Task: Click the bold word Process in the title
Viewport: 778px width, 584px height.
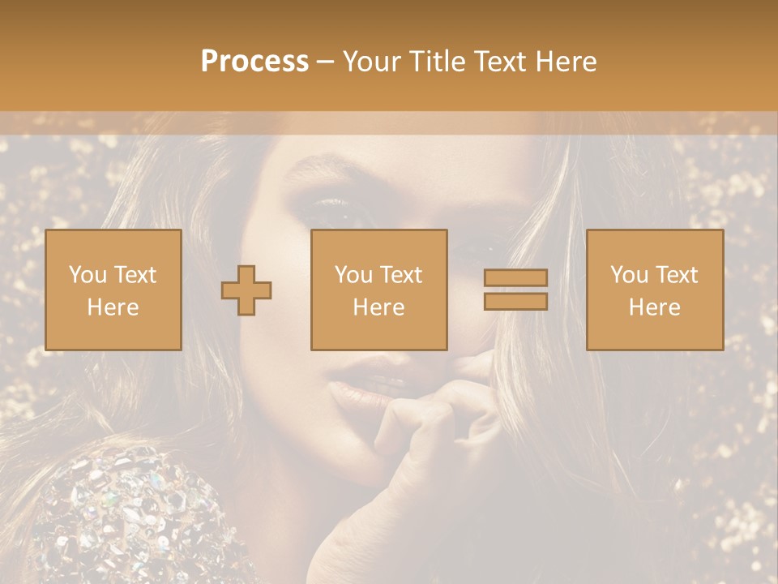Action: (254, 62)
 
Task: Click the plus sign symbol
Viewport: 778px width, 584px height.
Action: (246, 290)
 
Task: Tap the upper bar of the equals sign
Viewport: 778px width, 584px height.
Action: (515, 278)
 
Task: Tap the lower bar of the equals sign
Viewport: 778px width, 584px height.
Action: (515, 301)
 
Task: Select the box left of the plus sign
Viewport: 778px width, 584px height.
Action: (113, 290)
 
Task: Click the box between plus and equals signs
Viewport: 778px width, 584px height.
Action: (378, 290)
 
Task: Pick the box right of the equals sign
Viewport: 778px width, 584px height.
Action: (654, 290)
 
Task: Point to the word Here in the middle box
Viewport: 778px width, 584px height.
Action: (378, 307)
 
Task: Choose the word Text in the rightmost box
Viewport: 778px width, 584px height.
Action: (677, 275)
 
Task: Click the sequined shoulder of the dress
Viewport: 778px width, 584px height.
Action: (130, 511)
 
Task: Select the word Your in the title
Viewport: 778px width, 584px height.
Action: (370, 62)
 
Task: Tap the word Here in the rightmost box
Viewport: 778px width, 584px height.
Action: (654, 307)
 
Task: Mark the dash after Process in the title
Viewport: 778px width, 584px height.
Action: (325, 62)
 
